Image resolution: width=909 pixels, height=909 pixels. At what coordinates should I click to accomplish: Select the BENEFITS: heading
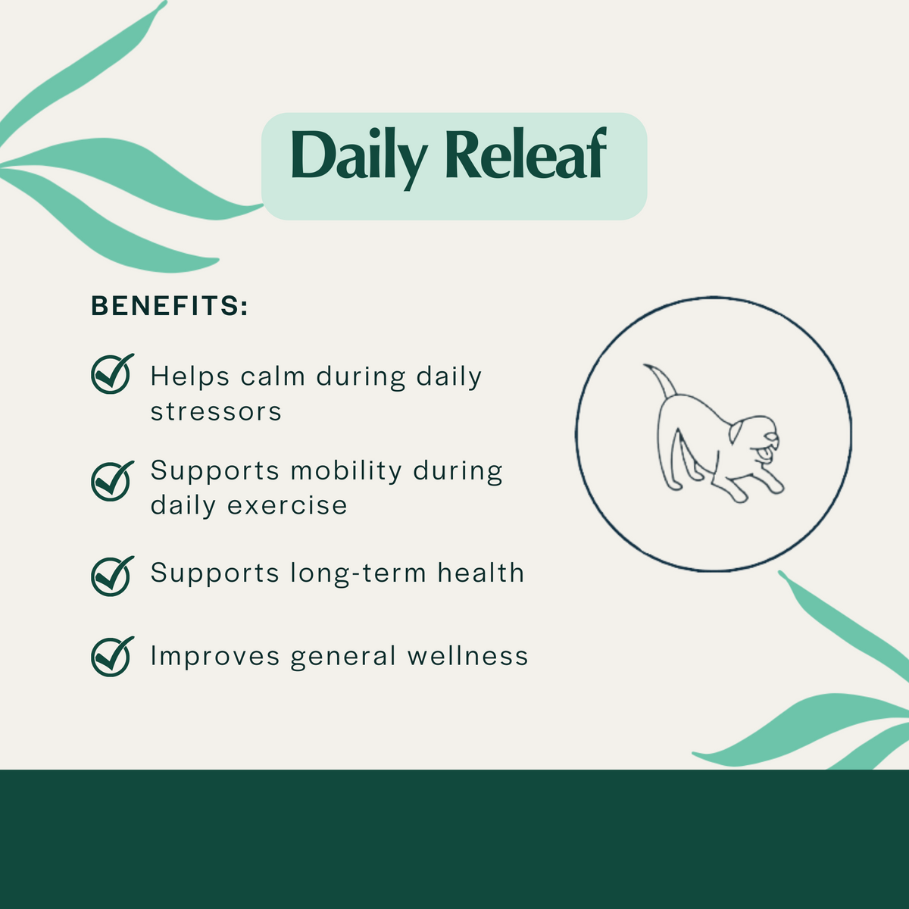(x=170, y=307)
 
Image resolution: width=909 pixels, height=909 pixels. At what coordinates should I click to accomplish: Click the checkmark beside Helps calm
(x=111, y=374)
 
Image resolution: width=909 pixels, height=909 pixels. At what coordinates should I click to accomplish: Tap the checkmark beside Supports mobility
(x=111, y=481)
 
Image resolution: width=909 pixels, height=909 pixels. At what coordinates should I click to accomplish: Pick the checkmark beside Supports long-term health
(x=111, y=576)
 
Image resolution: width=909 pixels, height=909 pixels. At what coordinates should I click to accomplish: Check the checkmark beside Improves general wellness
(x=111, y=656)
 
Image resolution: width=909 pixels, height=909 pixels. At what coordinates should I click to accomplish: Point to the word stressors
(x=216, y=412)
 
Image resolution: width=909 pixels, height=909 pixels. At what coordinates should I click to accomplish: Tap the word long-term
(x=359, y=574)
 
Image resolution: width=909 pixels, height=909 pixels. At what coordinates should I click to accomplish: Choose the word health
(x=481, y=573)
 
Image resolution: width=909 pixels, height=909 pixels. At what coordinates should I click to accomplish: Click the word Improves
(x=215, y=657)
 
